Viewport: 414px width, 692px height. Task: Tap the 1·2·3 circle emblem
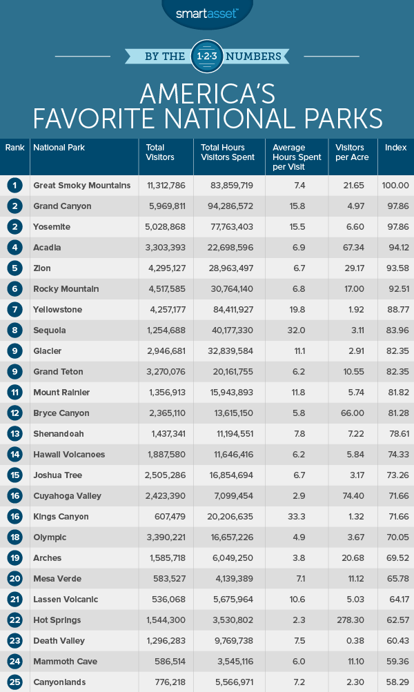coord(207,55)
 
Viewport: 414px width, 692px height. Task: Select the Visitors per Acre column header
coord(352,152)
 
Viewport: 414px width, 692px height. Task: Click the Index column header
coord(395,148)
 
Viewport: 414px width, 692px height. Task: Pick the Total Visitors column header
coord(160,152)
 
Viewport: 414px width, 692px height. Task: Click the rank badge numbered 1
coord(15,185)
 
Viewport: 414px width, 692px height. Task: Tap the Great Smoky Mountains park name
coord(81,185)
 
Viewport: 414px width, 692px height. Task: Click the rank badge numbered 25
coord(15,682)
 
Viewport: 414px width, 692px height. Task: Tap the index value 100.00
coord(396,185)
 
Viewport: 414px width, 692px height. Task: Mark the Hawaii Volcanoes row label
coord(68,454)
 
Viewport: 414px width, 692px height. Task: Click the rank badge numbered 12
coord(15,413)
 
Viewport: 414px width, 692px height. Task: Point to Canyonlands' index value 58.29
coord(396,682)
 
